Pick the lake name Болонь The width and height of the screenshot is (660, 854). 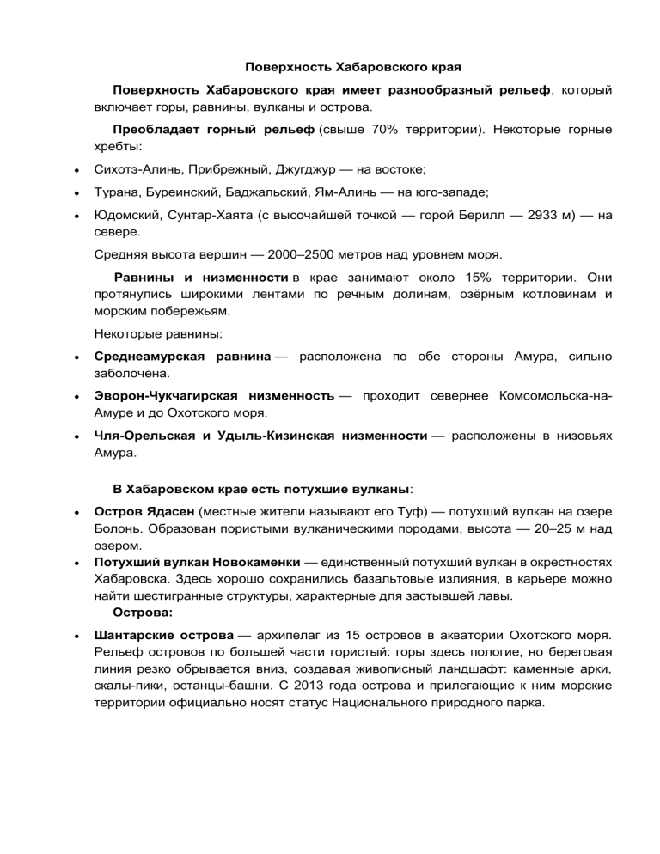(x=117, y=528)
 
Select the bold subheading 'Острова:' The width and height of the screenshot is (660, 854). (x=142, y=613)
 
